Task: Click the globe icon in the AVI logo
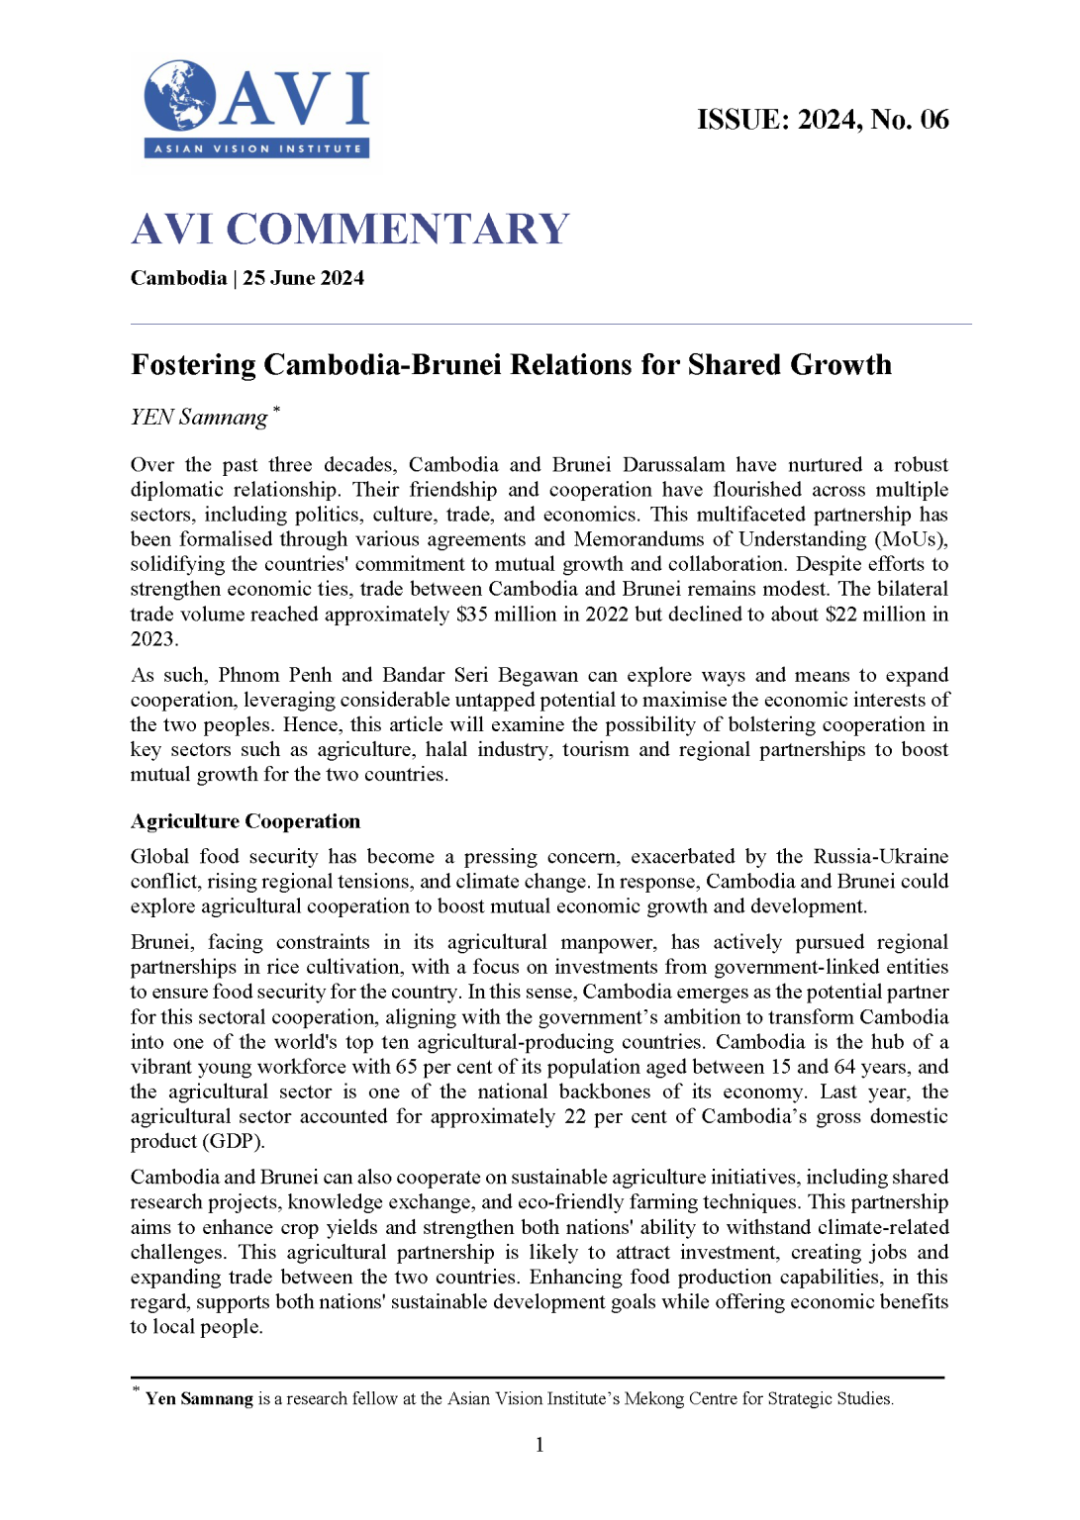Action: (x=179, y=96)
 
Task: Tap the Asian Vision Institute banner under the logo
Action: (x=257, y=148)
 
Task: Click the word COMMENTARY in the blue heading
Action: (x=398, y=230)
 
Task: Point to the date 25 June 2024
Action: (x=304, y=278)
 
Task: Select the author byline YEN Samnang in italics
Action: (x=199, y=418)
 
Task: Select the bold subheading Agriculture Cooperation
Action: (x=245, y=821)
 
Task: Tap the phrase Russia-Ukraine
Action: (x=881, y=856)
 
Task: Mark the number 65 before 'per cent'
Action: (x=406, y=1067)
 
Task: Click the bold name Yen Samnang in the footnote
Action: (x=199, y=1398)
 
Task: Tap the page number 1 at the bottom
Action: (x=540, y=1445)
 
